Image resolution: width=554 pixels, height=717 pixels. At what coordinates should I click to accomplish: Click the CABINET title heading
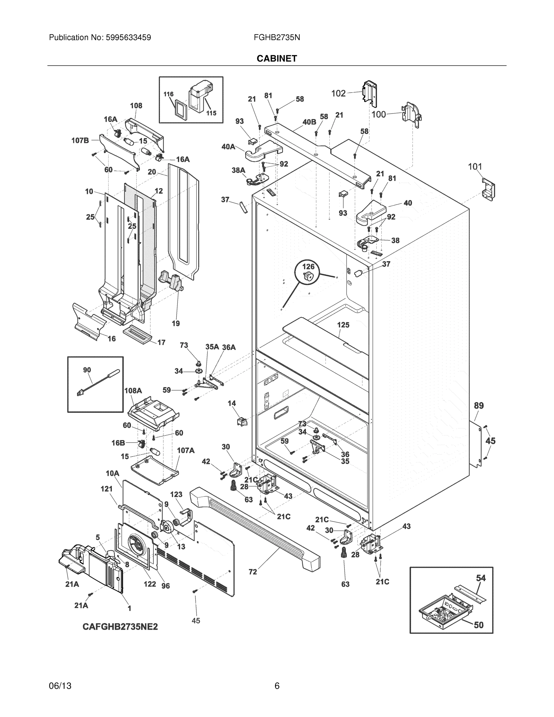point(277,59)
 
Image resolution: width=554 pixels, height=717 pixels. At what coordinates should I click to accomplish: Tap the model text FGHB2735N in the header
point(277,37)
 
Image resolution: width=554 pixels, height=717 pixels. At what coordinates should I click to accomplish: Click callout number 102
point(338,94)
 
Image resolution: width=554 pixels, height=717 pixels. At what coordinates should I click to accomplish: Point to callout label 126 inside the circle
point(308,266)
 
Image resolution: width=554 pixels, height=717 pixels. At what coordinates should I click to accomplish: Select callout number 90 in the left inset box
point(87,370)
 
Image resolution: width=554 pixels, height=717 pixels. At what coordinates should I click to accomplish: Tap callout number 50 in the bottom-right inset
point(478,625)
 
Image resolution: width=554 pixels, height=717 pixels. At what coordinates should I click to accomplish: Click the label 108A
point(133,391)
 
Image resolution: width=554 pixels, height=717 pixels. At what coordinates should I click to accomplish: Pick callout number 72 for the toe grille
point(253,572)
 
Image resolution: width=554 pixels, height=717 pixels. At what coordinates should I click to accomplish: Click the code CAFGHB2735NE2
point(120,627)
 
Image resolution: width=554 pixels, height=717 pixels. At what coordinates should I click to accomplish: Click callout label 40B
point(309,122)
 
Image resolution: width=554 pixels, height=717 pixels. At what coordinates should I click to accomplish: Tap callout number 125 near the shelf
point(343,325)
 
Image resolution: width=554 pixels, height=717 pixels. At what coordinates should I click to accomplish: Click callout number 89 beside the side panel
point(479,405)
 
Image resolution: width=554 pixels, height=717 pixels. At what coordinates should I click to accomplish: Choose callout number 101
point(475,167)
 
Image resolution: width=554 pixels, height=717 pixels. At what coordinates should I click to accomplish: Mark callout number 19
point(176,323)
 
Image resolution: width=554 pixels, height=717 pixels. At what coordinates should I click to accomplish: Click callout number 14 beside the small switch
point(232,403)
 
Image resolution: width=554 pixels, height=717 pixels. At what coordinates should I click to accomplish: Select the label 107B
point(80,140)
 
